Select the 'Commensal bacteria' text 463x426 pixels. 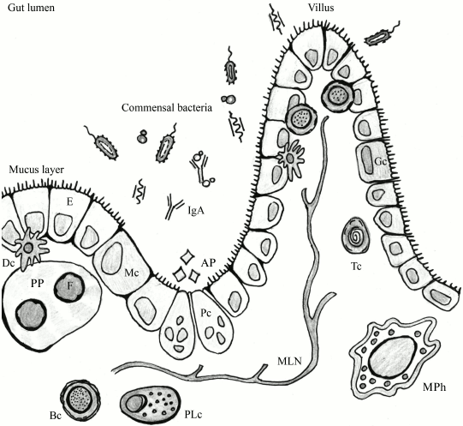[166, 109]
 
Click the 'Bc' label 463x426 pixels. [56, 416]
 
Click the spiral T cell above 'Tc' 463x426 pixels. [352, 232]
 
